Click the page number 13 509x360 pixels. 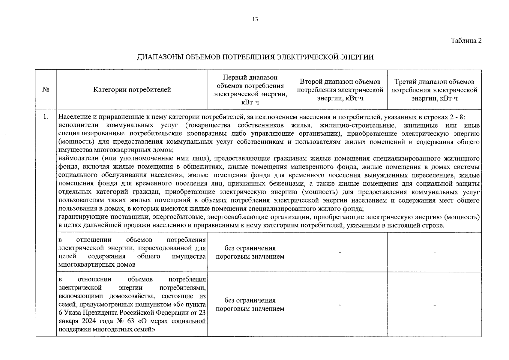point(255,20)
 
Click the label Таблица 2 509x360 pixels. point(466,41)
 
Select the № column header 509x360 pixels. point(46,90)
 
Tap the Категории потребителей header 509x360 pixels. point(132,90)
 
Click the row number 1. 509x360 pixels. point(46,117)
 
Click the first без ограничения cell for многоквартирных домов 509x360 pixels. point(250,252)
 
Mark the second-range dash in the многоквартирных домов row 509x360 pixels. point(340,253)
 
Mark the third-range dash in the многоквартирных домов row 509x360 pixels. point(434,253)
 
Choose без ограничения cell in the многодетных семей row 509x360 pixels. point(250,304)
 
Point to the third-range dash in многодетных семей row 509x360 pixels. point(434,305)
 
